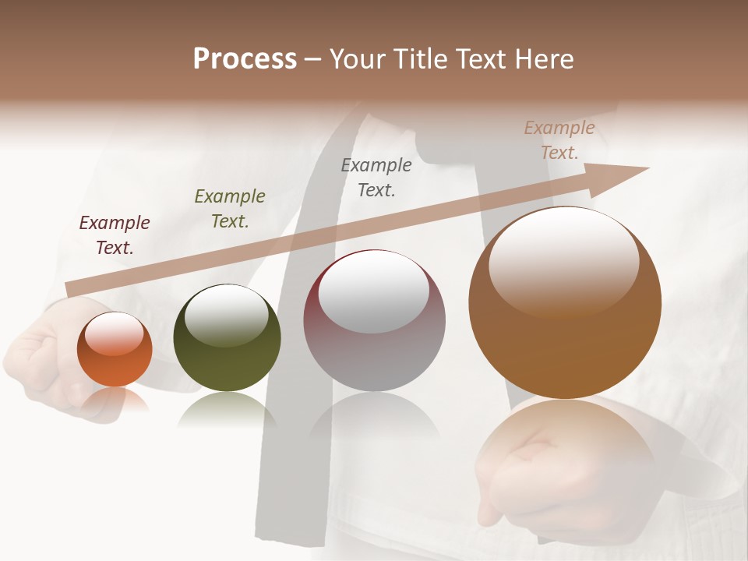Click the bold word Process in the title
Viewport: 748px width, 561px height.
(245, 59)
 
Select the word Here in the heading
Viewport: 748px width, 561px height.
(545, 59)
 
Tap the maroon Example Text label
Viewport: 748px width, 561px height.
(115, 235)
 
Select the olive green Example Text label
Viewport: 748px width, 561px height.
(230, 209)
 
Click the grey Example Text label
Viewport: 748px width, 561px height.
(376, 178)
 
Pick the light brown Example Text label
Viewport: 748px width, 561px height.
(559, 140)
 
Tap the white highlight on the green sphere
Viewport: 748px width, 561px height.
(227, 314)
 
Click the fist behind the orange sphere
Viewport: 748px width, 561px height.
(39, 358)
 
